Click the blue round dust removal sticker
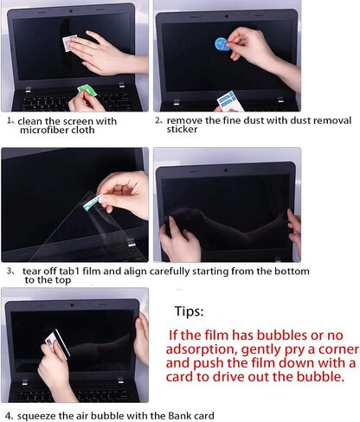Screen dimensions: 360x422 pos(222,44)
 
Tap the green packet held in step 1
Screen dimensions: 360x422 pos(87,90)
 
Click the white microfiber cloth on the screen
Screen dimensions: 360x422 pos(69,42)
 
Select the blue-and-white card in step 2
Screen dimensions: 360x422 pos(229,101)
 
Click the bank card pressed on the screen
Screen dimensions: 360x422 pos(58,343)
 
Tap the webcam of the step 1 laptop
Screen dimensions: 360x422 pos(71,11)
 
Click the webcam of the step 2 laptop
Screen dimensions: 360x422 pos(227,16)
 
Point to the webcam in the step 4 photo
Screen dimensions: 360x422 pos(72,305)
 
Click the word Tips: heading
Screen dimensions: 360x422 pos(189,311)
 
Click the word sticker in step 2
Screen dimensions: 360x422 pos(182,129)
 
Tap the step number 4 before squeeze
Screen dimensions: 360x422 pos(9,416)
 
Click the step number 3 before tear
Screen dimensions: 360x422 pos(10,272)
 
